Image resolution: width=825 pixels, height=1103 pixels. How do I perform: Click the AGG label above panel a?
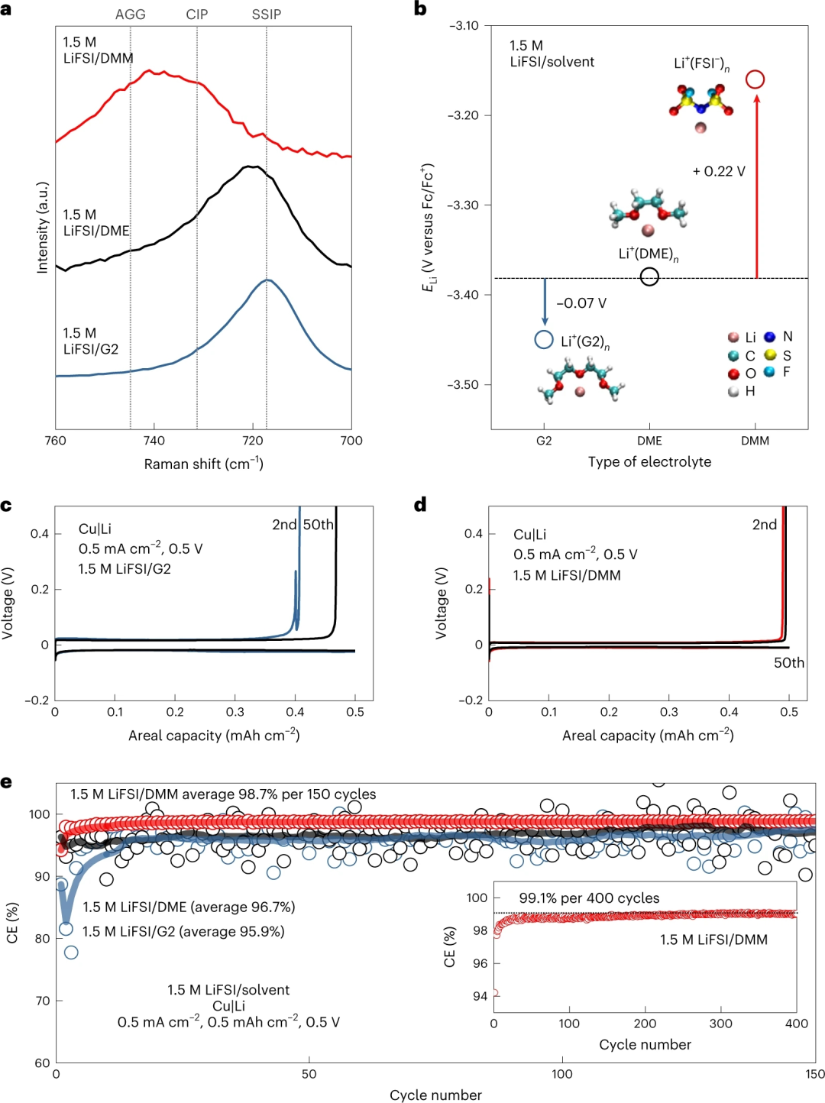click(130, 15)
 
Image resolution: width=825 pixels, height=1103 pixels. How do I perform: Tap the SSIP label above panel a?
click(267, 15)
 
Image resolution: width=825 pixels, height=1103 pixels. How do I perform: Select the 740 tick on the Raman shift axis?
click(154, 441)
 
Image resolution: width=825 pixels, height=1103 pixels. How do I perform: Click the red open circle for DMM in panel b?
click(755, 79)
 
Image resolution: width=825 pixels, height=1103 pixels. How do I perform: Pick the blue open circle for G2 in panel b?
click(544, 340)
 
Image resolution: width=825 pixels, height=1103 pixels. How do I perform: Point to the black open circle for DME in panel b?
click(649, 277)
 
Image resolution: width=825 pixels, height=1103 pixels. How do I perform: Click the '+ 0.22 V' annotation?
click(719, 171)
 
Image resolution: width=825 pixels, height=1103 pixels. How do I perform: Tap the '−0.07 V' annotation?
click(581, 303)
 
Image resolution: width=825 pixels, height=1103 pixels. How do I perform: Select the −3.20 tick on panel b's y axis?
click(463, 115)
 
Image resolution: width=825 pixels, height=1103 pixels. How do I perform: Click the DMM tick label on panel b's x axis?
click(755, 441)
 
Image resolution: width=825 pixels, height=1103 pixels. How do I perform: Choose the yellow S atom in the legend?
click(770, 355)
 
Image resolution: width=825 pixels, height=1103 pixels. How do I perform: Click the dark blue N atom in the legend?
click(769, 337)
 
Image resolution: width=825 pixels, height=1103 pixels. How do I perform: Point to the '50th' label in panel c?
click(319, 525)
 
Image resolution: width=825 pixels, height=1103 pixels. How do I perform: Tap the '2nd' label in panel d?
click(764, 525)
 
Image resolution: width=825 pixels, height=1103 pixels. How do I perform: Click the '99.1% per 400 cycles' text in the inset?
click(589, 898)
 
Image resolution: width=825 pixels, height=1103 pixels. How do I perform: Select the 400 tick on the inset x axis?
click(796, 1024)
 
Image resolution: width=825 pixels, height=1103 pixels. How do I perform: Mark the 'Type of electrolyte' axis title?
click(649, 461)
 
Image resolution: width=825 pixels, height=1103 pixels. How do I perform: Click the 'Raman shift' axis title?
click(203, 464)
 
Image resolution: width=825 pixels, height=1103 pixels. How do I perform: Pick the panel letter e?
click(6, 782)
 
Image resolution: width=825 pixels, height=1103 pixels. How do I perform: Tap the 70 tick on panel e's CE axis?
click(42, 1001)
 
